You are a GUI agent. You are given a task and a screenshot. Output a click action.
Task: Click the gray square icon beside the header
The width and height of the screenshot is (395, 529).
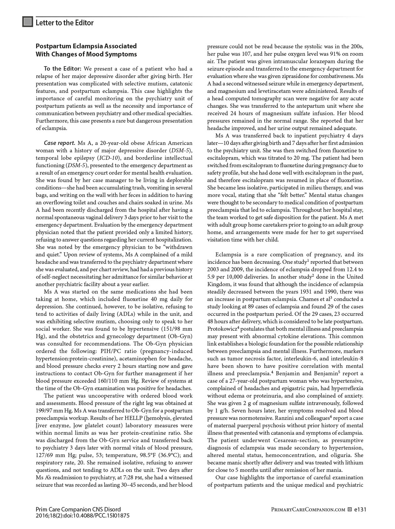pos(27,22)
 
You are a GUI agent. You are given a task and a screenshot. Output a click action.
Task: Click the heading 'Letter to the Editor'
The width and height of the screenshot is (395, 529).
pos(64,23)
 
